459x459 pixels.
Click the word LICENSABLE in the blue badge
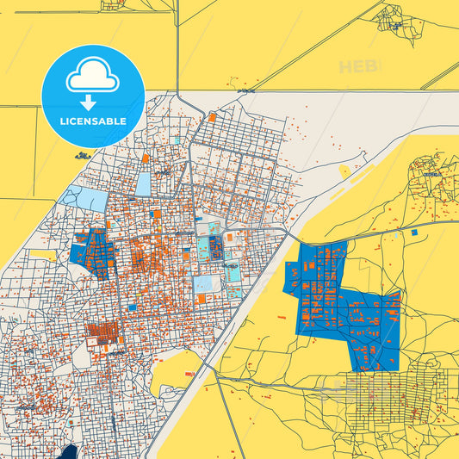tap(93, 121)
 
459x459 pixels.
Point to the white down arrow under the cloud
tap(93, 102)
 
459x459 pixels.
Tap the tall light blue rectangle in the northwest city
tap(142, 183)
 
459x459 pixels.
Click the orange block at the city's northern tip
tap(211, 116)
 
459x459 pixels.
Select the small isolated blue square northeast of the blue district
tap(414, 232)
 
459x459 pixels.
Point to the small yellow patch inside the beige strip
tap(344, 171)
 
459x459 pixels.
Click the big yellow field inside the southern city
tap(177, 370)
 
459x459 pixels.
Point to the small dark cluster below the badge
tap(83, 155)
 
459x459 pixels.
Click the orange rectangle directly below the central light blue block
tap(202, 298)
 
